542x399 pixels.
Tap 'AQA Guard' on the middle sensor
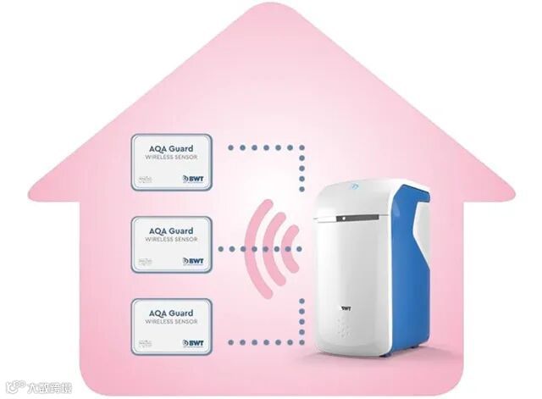170,230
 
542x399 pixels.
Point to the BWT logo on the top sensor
192,178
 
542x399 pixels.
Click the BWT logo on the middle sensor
192,261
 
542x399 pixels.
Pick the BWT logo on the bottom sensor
192,345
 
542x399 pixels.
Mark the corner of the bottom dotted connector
302,343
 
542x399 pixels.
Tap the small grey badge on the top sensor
144,178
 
